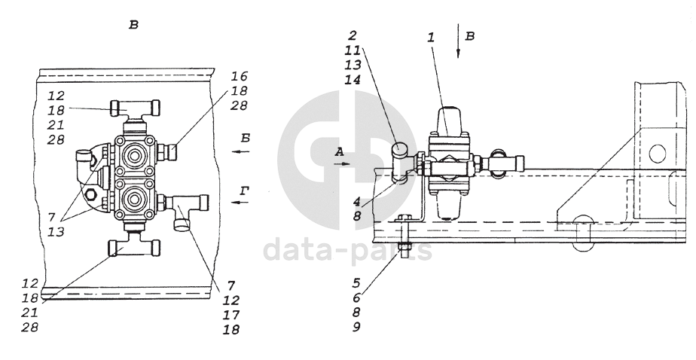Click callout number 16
[239, 76]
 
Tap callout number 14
[353, 80]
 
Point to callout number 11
[353, 50]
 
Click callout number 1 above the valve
[431, 38]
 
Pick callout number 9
[356, 327]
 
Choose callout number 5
[356, 282]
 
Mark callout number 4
[357, 200]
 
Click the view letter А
[340, 152]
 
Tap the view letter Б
[245, 138]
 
